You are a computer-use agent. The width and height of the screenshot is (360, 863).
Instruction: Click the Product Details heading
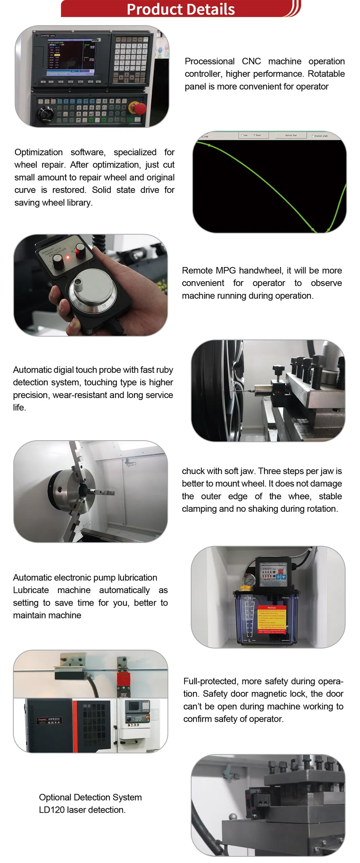[x=180, y=9]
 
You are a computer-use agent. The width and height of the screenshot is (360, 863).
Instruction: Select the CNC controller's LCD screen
[x=71, y=56]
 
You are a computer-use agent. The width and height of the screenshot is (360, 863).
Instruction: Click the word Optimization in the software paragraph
[x=38, y=152]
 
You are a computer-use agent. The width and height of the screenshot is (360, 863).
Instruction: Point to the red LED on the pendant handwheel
[x=68, y=257]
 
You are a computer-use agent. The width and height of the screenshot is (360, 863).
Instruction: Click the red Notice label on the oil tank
[x=272, y=607]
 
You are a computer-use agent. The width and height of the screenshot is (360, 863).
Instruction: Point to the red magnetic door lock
[x=123, y=679]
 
